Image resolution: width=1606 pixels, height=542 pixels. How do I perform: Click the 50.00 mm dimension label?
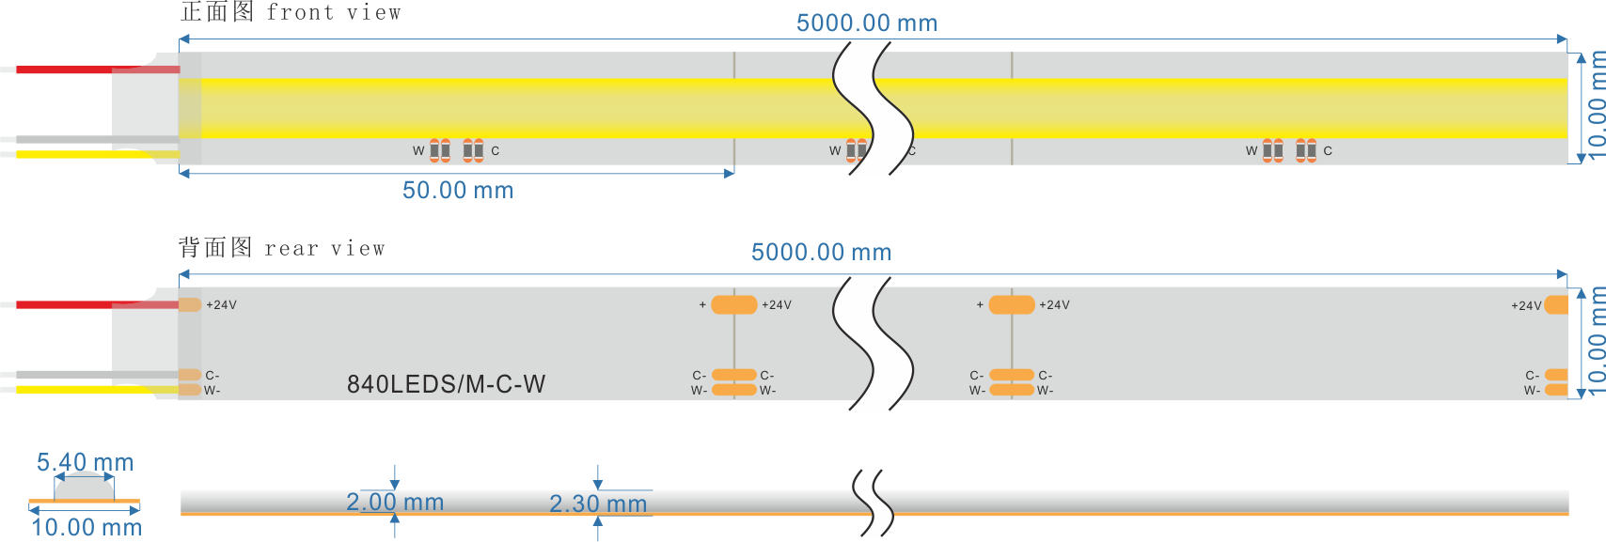(458, 191)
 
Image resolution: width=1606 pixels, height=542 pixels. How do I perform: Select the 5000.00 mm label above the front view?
(866, 23)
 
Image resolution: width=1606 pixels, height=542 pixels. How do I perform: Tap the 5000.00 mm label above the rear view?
(821, 253)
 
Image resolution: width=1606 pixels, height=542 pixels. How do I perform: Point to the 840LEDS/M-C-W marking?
(446, 384)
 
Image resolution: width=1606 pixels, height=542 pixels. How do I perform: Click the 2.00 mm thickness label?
(395, 503)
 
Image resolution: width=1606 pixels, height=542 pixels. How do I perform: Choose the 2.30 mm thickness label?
(598, 504)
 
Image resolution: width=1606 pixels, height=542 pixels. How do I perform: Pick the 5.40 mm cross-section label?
(85, 462)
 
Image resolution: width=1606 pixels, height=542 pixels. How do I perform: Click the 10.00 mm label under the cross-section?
(87, 527)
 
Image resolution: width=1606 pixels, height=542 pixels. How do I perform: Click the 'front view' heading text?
(333, 13)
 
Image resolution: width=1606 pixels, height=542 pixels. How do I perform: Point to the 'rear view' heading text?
(324, 249)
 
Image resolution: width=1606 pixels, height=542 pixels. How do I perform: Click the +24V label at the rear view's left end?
(222, 305)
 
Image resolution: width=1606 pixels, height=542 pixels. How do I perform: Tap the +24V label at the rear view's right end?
(1526, 306)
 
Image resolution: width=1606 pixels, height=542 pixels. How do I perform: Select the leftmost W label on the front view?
(418, 151)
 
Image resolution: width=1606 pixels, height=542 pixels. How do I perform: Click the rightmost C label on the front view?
(1328, 151)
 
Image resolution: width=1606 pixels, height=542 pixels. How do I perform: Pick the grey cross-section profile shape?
(85, 488)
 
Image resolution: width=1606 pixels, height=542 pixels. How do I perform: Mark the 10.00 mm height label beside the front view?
(1596, 108)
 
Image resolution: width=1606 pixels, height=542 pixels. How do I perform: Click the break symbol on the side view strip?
(874, 503)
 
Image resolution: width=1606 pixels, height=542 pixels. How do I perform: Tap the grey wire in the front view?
(66, 140)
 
